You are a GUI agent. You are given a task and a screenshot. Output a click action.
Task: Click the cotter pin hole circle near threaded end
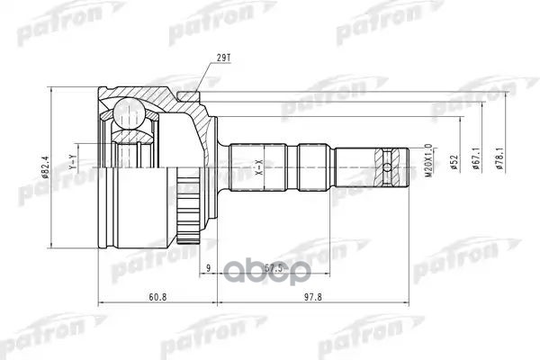click(x=389, y=166)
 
